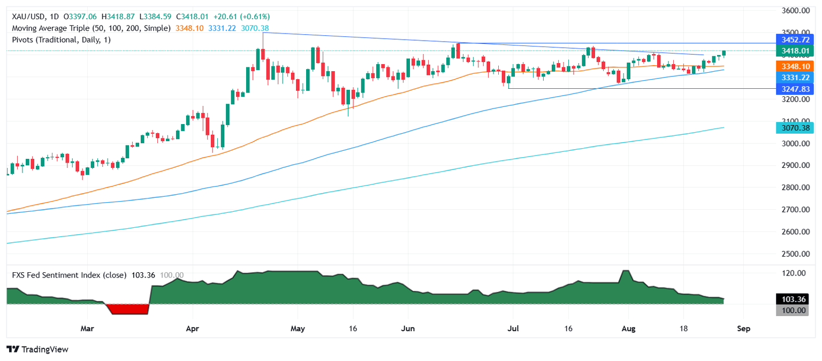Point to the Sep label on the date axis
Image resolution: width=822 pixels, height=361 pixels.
pyautogui.click(x=743, y=328)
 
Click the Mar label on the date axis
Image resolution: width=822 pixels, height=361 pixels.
pyautogui.click(x=87, y=328)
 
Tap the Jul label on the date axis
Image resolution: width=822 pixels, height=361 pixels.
pyautogui.click(x=513, y=328)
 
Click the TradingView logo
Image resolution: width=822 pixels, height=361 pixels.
pyautogui.click(x=37, y=349)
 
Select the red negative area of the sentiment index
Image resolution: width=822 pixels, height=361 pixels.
pyautogui.click(x=127, y=309)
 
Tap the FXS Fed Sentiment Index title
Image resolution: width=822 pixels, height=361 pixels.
pyautogui.click(x=69, y=275)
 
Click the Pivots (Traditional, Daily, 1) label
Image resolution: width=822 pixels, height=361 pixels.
pyautogui.click(x=62, y=40)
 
